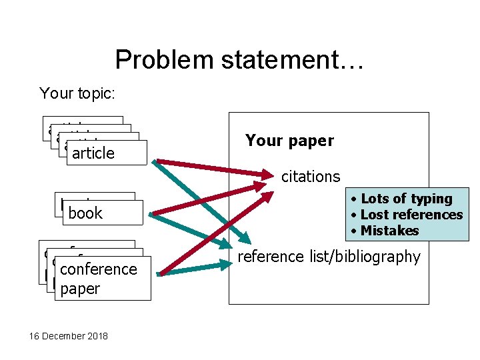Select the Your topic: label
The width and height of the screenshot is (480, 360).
(x=77, y=93)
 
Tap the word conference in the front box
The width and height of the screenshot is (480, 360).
(x=98, y=269)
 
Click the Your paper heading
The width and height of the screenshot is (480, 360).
(x=289, y=141)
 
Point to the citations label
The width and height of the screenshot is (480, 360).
(x=311, y=177)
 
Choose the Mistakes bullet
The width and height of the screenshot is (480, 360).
(x=389, y=231)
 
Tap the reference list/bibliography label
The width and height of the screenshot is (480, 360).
(x=329, y=257)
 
